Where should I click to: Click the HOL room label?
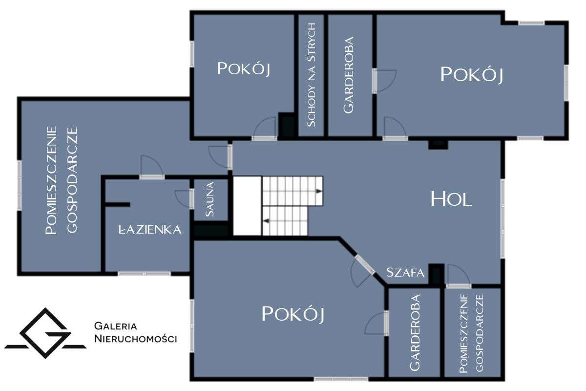451,199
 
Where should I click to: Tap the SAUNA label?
210,199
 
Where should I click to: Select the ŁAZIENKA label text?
150,229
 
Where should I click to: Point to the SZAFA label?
405,273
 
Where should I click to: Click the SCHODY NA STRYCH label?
311,75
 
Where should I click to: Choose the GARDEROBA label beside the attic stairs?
349,75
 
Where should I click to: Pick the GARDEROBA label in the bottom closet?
415,332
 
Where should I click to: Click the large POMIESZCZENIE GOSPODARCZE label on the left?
62,180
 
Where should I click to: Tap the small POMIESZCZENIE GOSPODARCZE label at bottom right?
471,333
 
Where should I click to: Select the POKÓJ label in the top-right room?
472,75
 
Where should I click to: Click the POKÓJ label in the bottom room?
293,314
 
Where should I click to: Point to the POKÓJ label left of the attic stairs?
244,68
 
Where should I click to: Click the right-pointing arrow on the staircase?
319,191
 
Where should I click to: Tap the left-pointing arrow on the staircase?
266,221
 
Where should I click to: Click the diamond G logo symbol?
45,333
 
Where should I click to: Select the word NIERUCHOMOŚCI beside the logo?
136,339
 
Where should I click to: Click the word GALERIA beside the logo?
115,326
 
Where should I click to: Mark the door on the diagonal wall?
362,270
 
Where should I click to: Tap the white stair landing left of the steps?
247,206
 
